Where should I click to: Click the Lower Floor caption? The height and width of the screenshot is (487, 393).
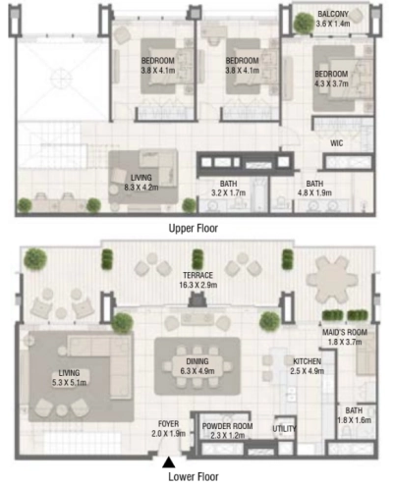195,478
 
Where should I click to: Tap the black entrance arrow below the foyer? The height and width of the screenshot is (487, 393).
169,460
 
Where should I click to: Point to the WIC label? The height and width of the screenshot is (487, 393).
335,142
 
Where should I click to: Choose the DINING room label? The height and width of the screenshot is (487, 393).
196,360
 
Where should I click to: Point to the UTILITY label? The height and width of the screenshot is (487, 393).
285,429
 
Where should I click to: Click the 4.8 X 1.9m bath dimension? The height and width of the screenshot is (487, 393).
314,193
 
